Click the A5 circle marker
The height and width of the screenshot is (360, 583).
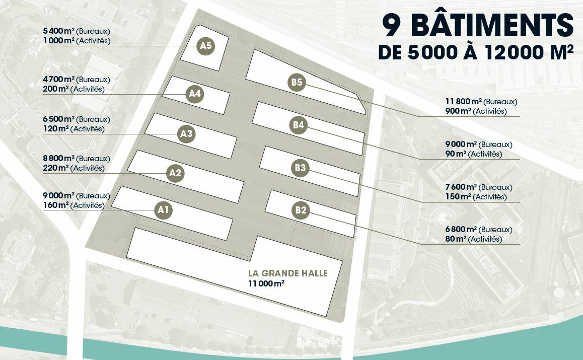point(205,46)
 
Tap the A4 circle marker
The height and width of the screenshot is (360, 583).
point(195,94)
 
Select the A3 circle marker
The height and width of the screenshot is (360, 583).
point(186,134)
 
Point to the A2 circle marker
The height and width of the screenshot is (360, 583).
point(175,173)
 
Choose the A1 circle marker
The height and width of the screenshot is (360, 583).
point(163,210)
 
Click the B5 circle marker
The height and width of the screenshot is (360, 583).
point(297,83)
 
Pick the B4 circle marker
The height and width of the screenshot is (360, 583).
point(298,126)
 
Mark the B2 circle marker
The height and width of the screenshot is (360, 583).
point(301,210)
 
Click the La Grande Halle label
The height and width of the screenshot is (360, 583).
point(287,273)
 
